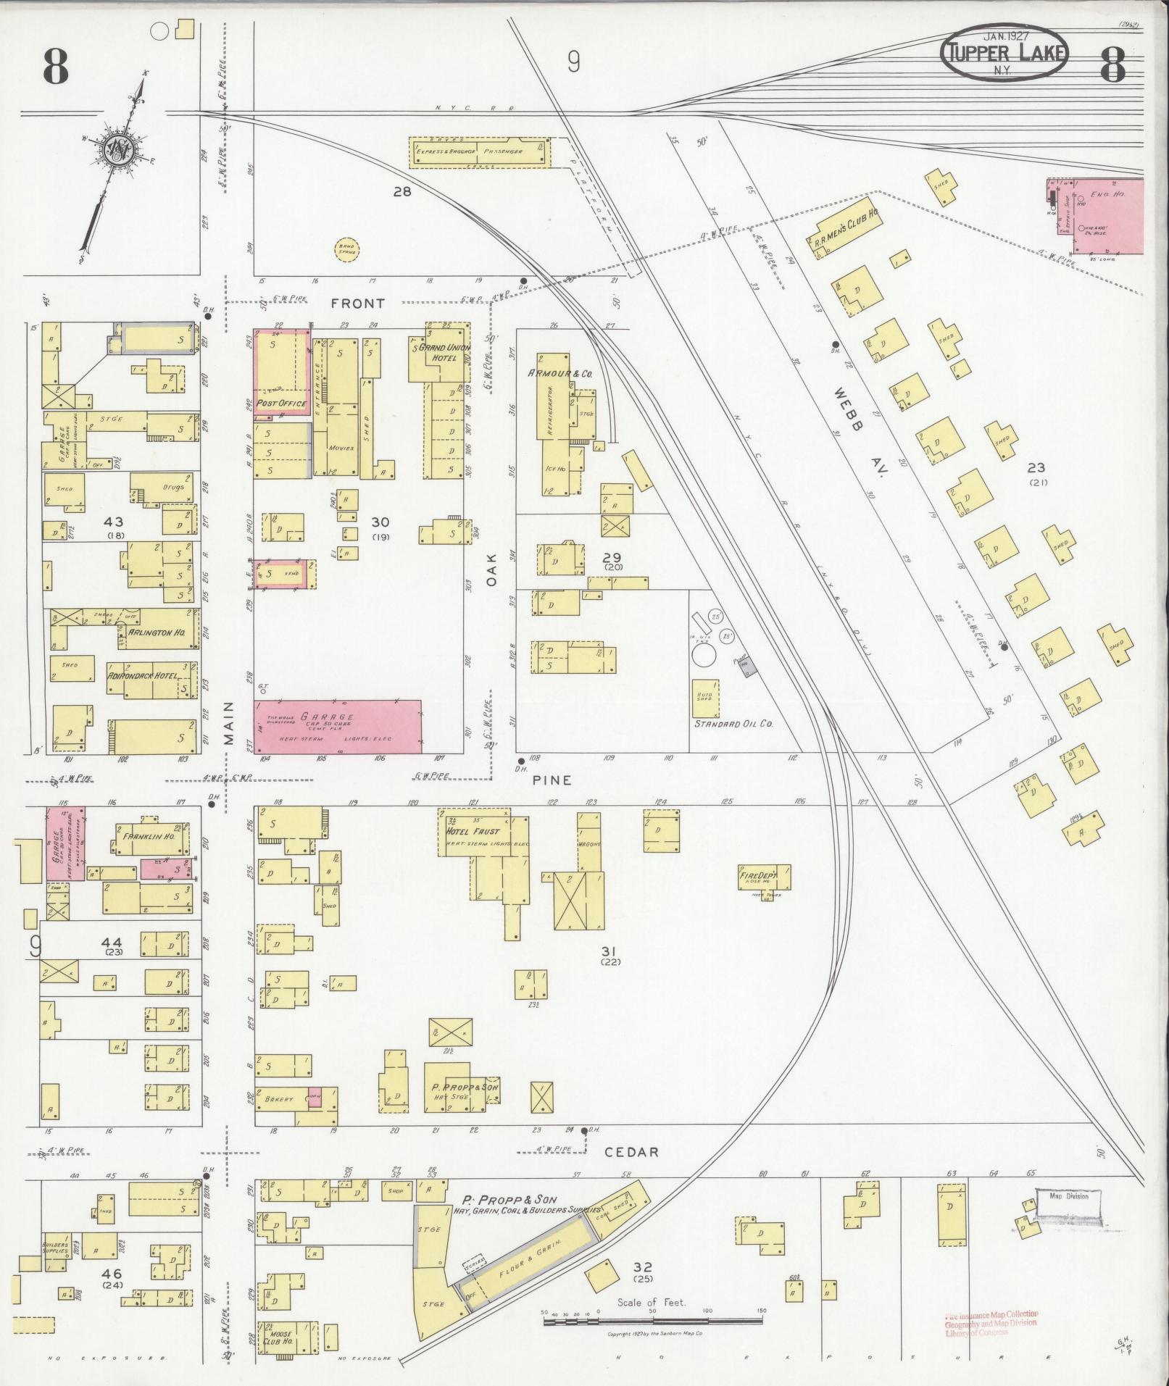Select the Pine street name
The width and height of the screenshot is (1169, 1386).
[x=552, y=780]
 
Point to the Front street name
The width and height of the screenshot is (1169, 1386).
[x=358, y=304]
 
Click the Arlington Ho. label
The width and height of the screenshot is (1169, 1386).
[x=157, y=633]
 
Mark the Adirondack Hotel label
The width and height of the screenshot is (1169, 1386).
[x=142, y=676]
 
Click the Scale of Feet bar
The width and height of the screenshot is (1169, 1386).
[x=652, y=1321]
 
